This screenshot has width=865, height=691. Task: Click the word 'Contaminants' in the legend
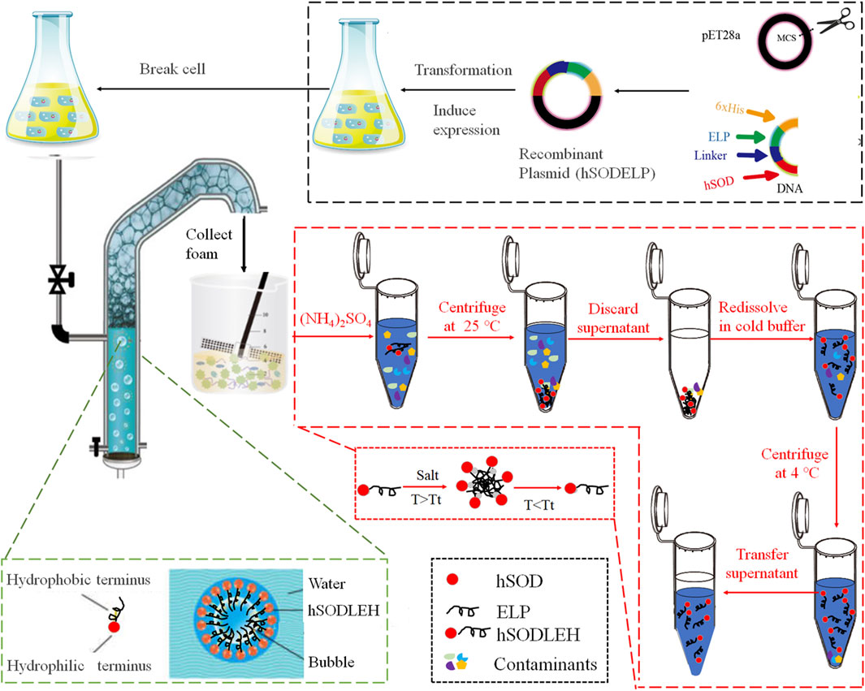(546, 664)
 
